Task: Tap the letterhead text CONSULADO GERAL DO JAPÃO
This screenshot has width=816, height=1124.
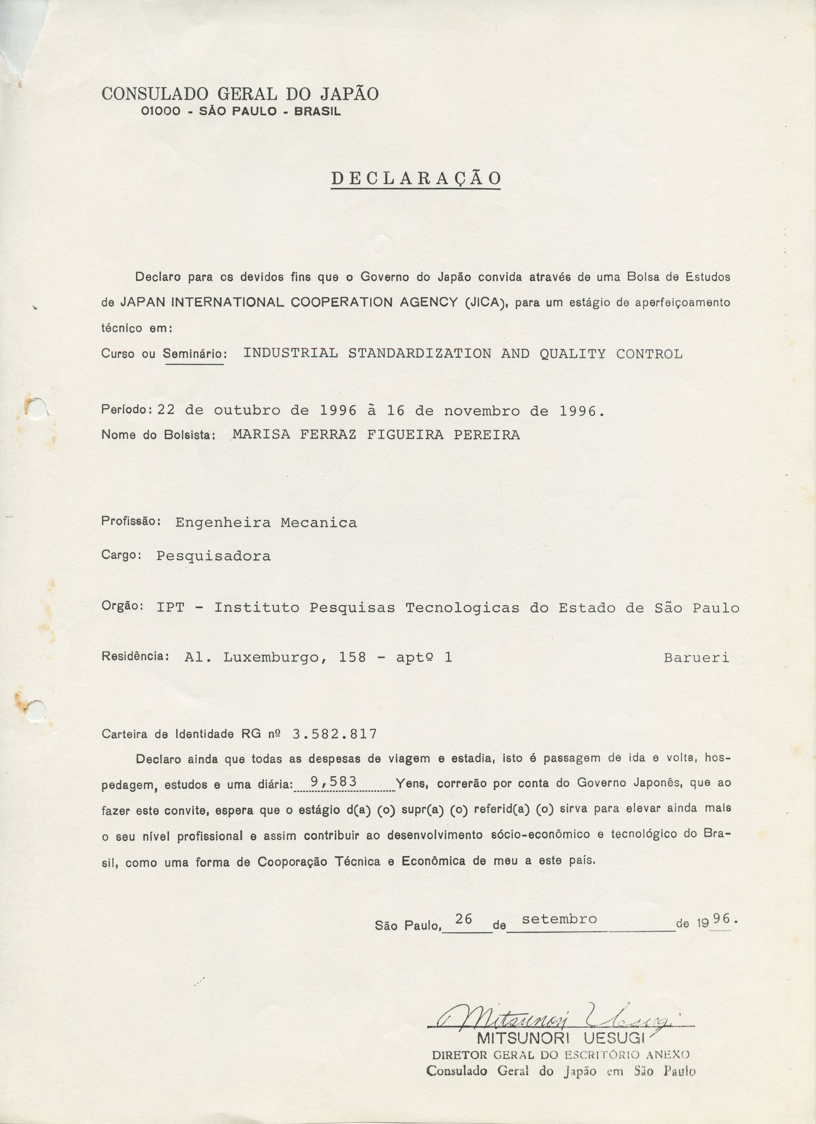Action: [x=240, y=94]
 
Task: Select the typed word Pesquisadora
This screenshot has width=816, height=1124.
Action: [x=213, y=555]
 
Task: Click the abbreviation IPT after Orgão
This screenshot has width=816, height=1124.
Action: [x=170, y=608]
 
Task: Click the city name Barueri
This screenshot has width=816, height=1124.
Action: [x=697, y=658]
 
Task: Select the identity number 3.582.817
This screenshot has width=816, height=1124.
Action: [x=335, y=734]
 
